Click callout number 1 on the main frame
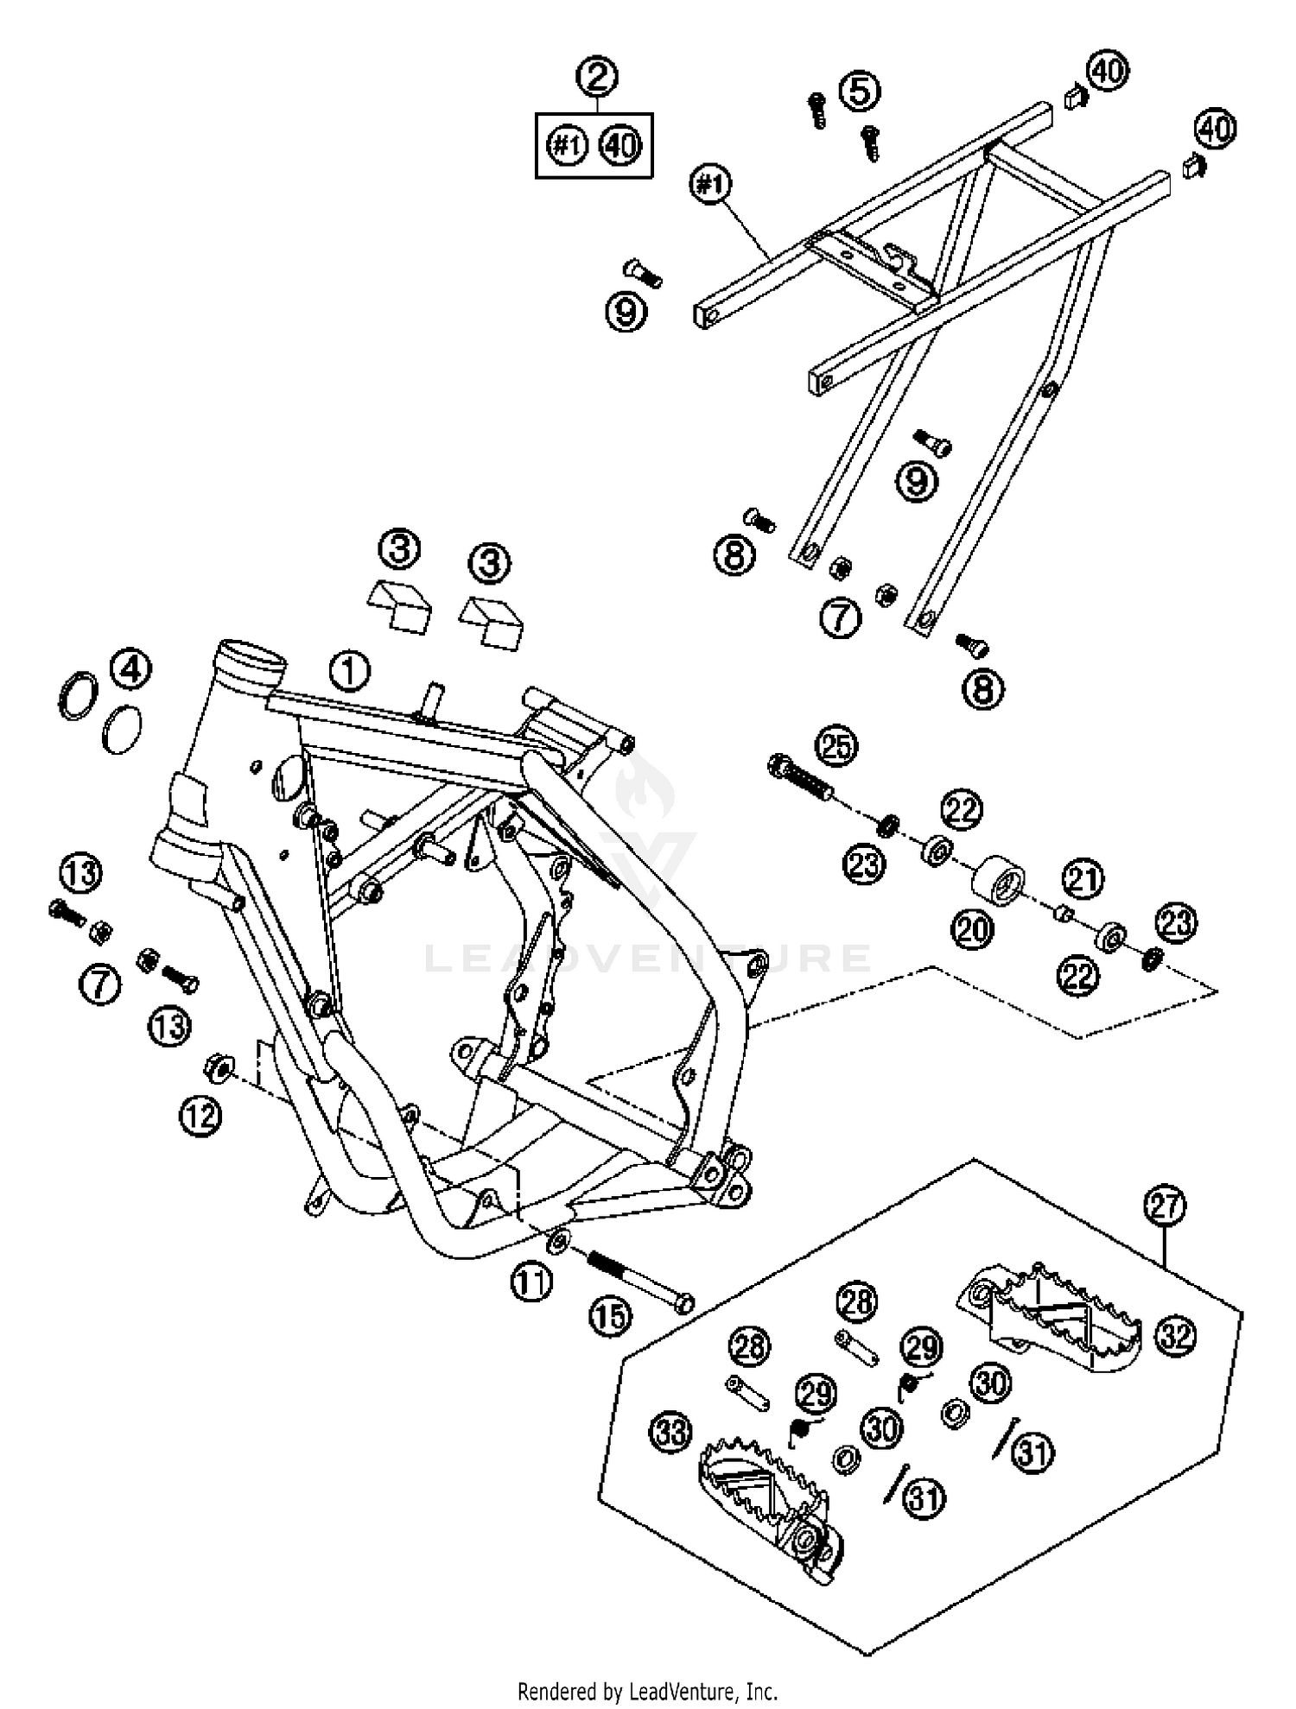click(349, 671)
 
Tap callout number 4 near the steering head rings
click(130, 669)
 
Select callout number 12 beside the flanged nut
click(200, 1117)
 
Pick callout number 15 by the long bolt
click(610, 1317)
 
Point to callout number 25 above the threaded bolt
click(835, 746)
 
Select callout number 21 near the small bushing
click(1083, 879)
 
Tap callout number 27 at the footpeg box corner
click(1166, 1205)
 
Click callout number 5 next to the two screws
click(860, 91)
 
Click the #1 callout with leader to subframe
click(711, 186)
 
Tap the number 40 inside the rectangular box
click(620, 146)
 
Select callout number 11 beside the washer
click(530, 1282)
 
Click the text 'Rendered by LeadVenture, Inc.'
click(647, 1690)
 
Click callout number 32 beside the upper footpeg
click(1176, 1336)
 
